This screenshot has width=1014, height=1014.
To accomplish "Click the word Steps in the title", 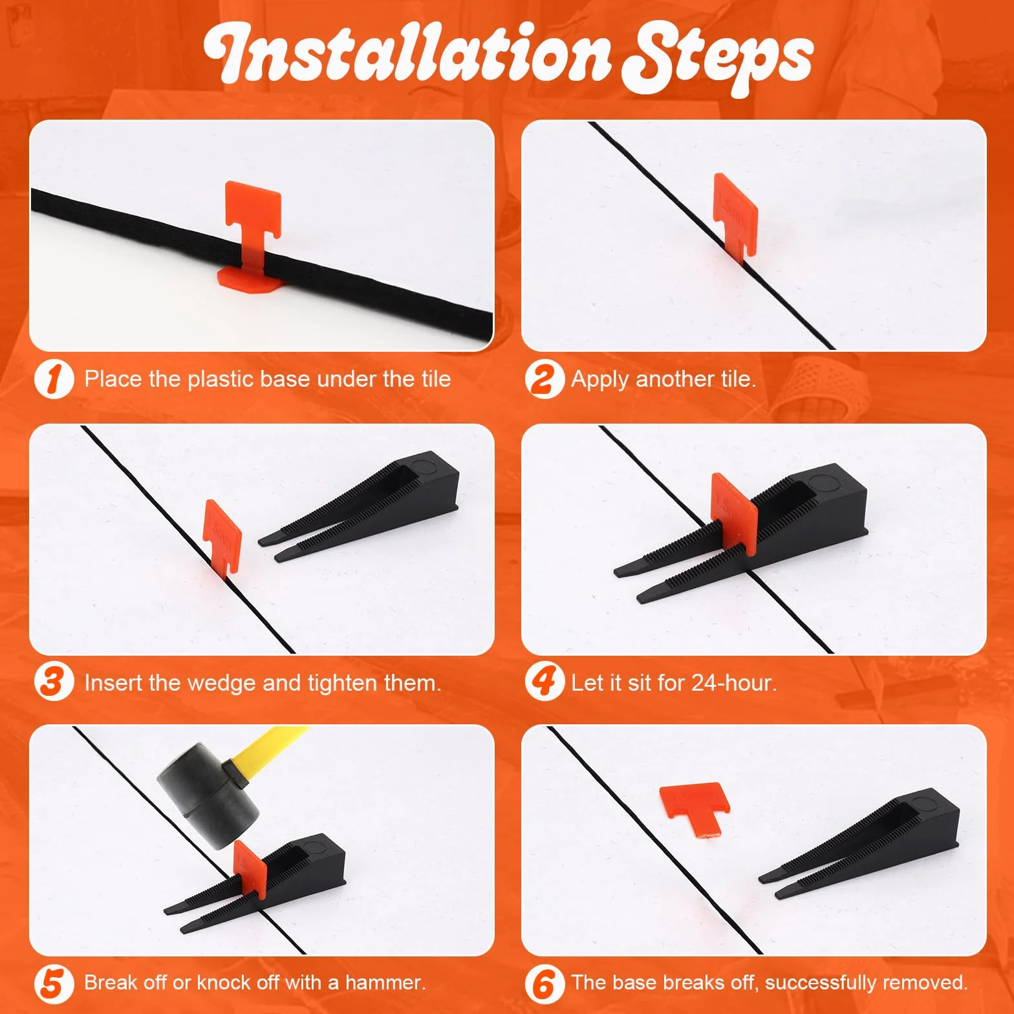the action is [x=717, y=58].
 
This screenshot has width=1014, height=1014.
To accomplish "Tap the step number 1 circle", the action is [x=54, y=379].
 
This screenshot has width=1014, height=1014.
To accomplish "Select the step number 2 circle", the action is [x=545, y=379].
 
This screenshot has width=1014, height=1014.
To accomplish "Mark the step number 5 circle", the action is [x=54, y=983].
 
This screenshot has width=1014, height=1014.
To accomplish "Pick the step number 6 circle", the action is [x=545, y=983].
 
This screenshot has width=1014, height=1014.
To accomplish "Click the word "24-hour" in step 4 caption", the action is [x=734, y=683].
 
